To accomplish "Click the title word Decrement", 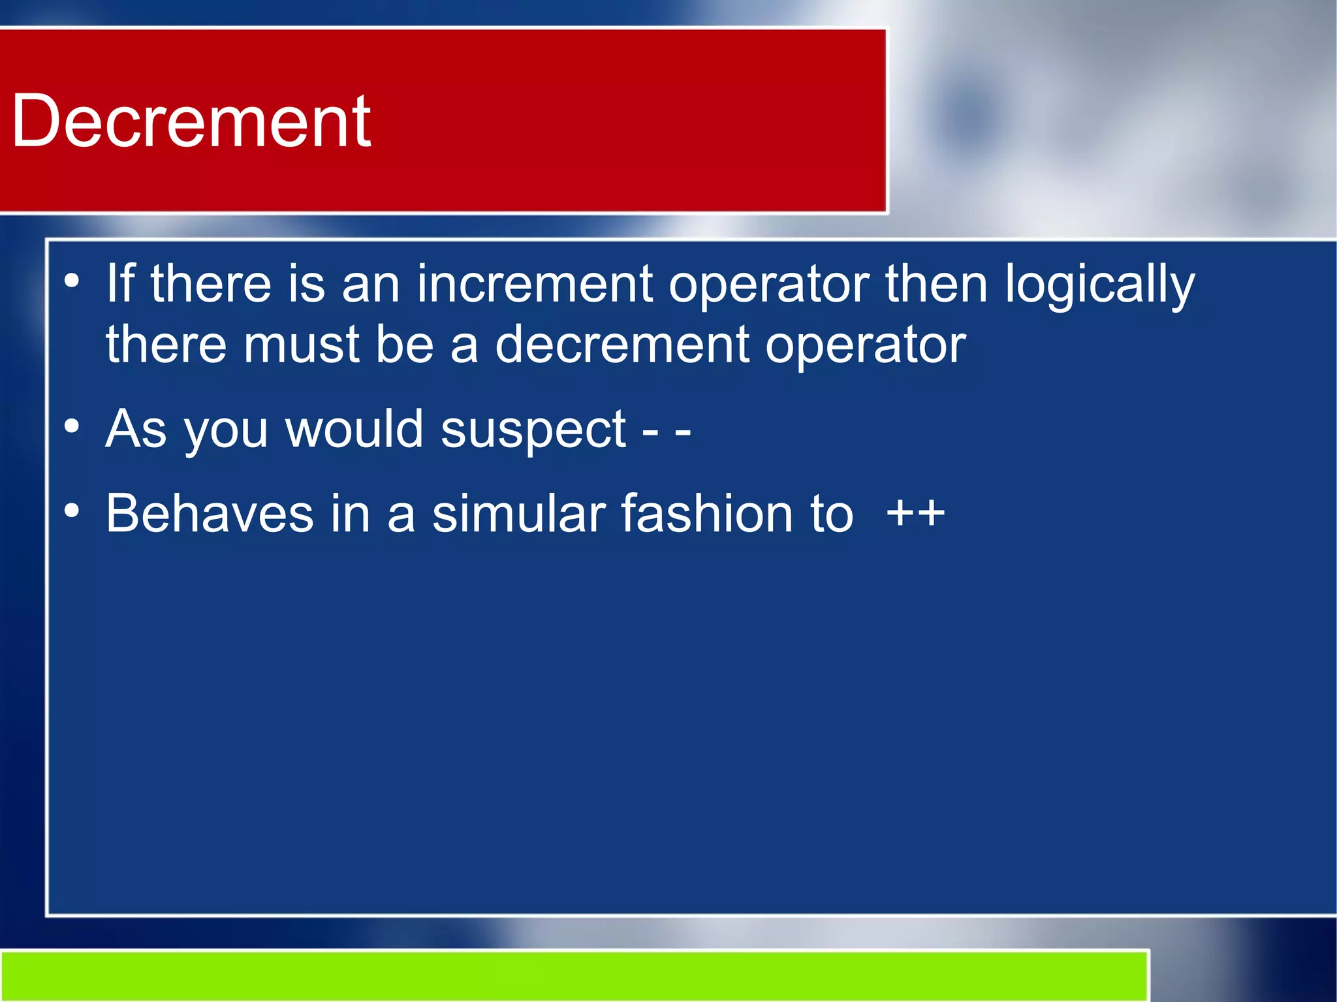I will pyautogui.click(x=191, y=121).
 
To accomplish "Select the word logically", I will pyautogui.click(x=1099, y=285).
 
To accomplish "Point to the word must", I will pyautogui.click(x=301, y=344).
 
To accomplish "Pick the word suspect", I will pyautogui.click(x=533, y=430).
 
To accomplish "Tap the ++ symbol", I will pyautogui.click(x=915, y=513).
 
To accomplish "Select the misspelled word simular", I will pyautogui.click(x=518, y=513).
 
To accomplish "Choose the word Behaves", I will pyautogui.click(x=210, y=513).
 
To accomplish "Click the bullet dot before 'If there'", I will pyautogui.click(x=72, y=282).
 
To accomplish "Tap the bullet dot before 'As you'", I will pyautogui.click(x=72, y=427).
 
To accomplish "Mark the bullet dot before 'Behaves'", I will pyautogui.click(x=72, y=510).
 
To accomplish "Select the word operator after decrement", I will pyautogui.click(x=865, y=345).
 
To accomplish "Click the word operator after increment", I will pyautogui.click(x=768, y=285).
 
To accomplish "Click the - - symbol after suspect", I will pyautogui.click(x=667, y=431).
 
